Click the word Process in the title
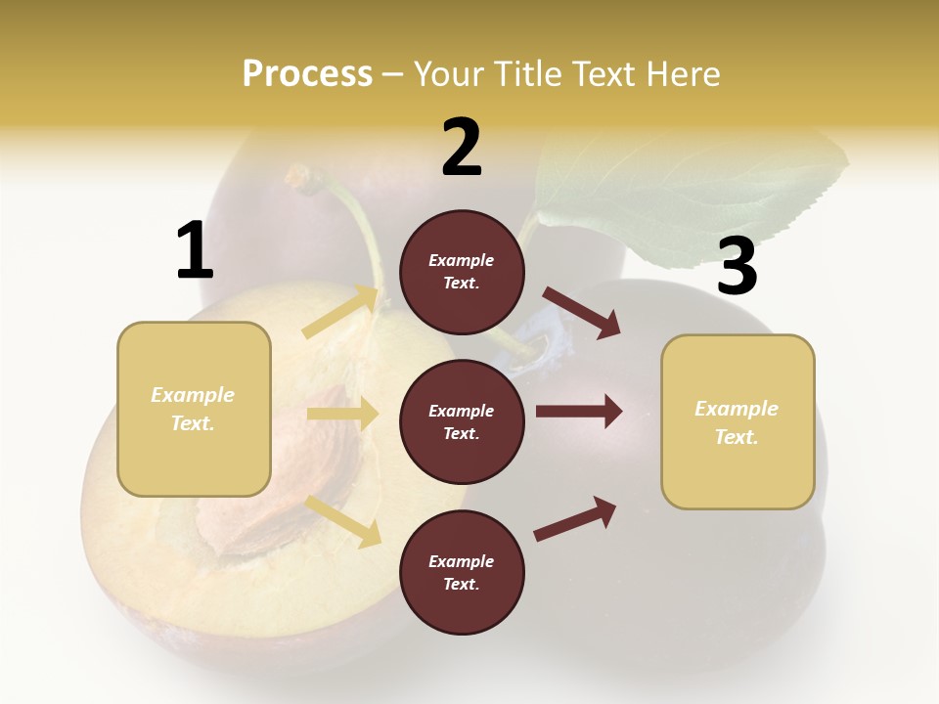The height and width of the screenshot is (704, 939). [x=307, y=74]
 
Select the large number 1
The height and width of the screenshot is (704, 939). [x=195, y=251]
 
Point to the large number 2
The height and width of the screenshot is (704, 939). [x=462, y=148]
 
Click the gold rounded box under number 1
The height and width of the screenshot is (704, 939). [x=194, y=409]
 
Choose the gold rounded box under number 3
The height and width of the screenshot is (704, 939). [x=738, y=422]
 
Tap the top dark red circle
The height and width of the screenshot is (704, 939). [x=462, y=272]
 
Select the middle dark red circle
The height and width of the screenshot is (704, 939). [x=462, y=422]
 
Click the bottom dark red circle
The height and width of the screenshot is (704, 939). [x=462, y=573]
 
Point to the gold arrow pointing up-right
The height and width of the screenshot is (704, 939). [x=340, y=312]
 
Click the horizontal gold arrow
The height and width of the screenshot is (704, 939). [x=342, y=414]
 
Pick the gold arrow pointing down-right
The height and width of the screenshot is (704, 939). [x=343, y=520]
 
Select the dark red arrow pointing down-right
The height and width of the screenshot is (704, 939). [x=582, y=312]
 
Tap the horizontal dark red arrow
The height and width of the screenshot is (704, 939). [x=579, y=412]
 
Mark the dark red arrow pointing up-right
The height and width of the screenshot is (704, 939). [x=575, y=518]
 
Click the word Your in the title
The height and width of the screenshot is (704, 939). [x=449, y=74]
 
